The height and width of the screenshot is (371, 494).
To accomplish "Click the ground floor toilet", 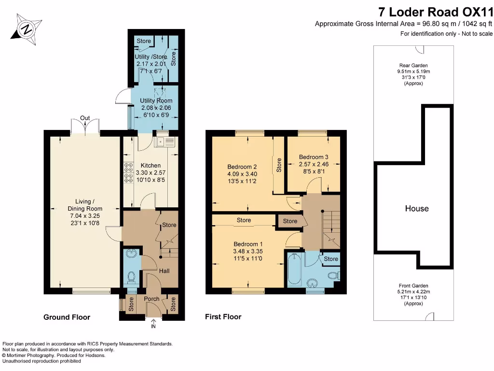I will click(x=131, y=277).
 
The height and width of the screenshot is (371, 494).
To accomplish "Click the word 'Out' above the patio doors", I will click(x=85, y=118).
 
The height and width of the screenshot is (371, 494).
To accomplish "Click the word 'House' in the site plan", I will click(x=416, y=209).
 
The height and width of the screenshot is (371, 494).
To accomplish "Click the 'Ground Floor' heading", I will click(x=67, y=317).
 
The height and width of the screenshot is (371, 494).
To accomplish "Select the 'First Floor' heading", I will click(x=223, y=317).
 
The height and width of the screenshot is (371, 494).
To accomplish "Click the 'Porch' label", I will click(x=152, y=299).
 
